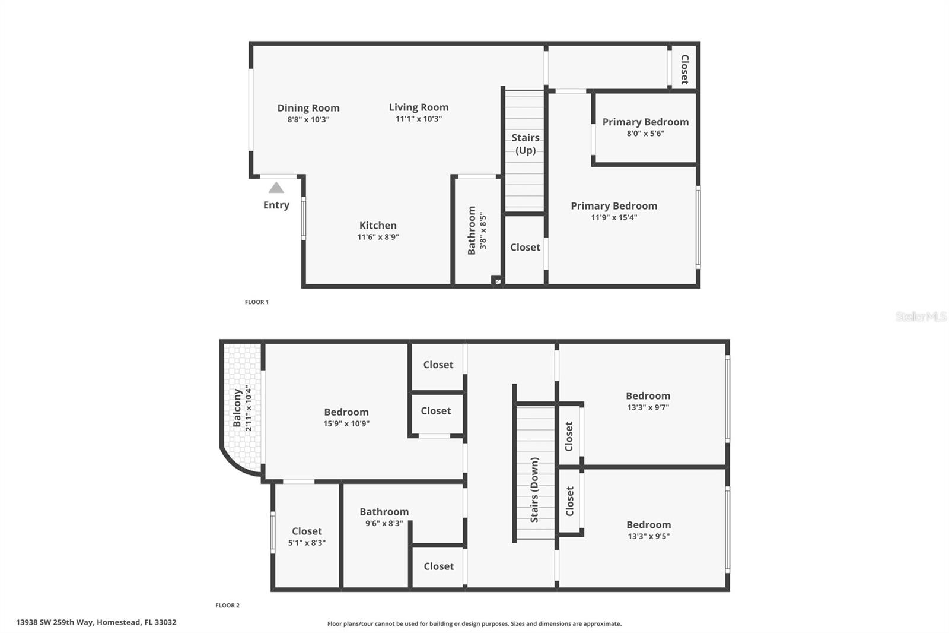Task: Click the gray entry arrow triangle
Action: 276,188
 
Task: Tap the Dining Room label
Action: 308,108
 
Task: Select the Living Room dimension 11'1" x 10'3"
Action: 419,119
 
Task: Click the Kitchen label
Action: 378,226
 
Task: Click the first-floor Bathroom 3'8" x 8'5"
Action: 477,230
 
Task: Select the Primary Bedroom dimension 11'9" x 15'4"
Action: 614,217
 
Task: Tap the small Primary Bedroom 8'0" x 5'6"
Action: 645,127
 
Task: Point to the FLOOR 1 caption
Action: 257,302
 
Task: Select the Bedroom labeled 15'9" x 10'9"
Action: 346,417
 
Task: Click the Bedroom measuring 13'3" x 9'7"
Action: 648,401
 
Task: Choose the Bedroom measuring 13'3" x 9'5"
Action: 648,530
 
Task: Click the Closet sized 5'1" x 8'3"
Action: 307,536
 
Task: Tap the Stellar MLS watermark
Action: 921,316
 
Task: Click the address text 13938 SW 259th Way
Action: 96,622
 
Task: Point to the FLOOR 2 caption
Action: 227,606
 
